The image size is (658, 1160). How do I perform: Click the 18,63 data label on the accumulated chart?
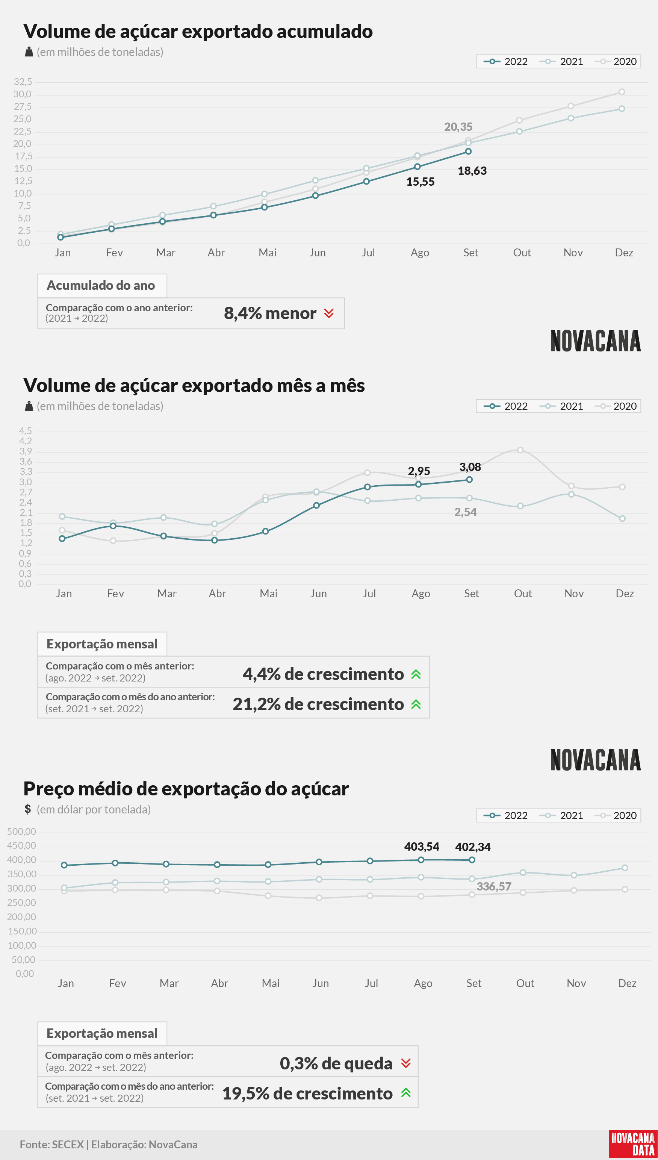(x=472, y=171)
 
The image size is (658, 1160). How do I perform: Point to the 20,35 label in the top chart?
(x=458, y=127)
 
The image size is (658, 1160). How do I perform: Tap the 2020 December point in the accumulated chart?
(x=622, y=92)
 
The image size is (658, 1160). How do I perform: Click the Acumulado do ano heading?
(x=101, y=285)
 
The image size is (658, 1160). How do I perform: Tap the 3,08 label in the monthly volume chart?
(x=470, y=467)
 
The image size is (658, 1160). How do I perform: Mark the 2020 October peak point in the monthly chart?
(x=520, y=450)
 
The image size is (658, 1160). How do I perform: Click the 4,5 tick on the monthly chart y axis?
(x=25, y=431)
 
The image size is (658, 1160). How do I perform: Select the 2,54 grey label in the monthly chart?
(x=466, y=512)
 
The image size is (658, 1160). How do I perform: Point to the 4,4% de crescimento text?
(x=323, y=674)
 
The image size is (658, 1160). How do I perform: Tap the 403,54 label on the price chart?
(x=422, y=847)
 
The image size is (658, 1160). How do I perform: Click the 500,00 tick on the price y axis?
(x=21, y=832)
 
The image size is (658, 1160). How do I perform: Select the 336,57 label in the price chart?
(x=494, y=886)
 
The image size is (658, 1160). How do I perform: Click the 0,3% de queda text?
(x=336, y=1063)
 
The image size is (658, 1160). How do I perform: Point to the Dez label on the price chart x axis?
(x=627, y=983)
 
